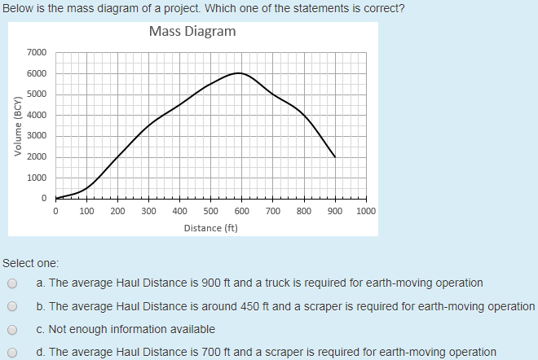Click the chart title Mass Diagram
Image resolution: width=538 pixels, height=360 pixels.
click(x=192, y=32)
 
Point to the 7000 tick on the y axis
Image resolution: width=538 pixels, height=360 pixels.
click(x=37, y=53)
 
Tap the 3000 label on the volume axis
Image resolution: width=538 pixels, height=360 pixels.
click(x=37, y=136)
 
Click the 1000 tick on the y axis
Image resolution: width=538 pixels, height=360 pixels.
click(x=37, y=178)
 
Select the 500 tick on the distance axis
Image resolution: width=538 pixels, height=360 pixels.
click(x=210, y=211)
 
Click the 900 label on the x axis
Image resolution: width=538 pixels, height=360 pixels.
click(x=334, y=211)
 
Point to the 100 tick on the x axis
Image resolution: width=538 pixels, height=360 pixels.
click(x=86, y=211)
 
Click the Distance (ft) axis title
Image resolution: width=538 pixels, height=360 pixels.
click(x=210, y=228)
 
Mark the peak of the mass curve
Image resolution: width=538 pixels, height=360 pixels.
click(x=238, y=73)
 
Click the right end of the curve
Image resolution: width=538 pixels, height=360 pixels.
click(x=334, y=156)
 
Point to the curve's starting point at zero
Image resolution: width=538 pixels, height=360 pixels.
click(x=55, y=198)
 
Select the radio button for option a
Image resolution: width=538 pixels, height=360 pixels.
click(x=12, y=284)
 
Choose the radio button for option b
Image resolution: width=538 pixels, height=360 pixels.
click(x=12, y=307)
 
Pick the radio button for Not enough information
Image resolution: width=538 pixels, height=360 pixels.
click(x=12, y=330)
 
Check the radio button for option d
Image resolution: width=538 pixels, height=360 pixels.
click(x=12, y=353)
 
